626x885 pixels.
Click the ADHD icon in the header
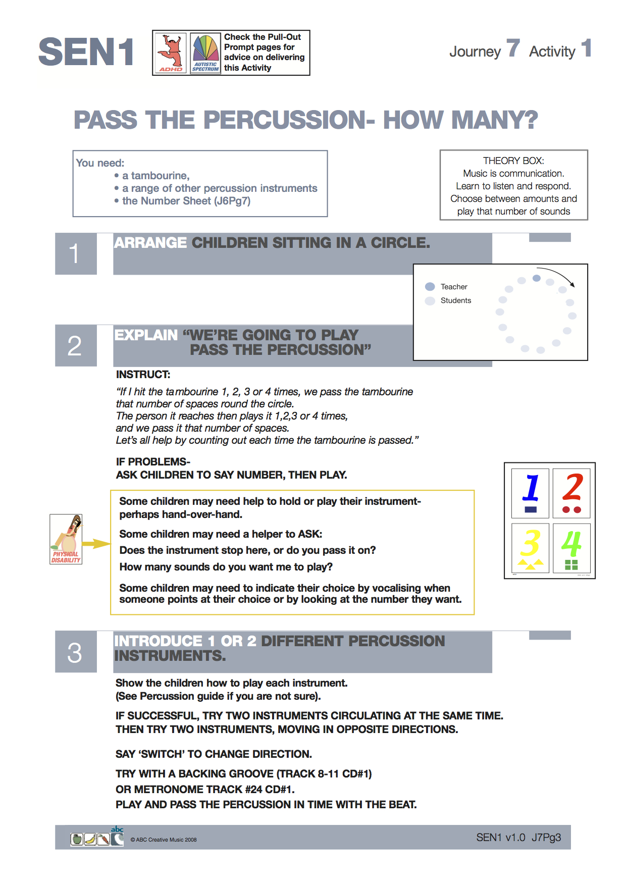tap(171, 53)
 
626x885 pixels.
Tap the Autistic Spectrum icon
tap(205, 53)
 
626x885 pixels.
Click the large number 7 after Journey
tap(513, 48)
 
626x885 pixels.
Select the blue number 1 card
tap(530, 493)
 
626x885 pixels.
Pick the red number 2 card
tap(572, 493)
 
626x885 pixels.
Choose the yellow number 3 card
tap(530, 547)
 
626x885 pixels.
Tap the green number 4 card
tap(571, 547)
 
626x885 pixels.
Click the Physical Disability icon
tap(66, 539)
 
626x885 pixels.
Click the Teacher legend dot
tap(430, 287)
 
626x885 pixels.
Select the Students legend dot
tap(430, 301)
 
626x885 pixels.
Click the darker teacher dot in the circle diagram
tap(537, 278)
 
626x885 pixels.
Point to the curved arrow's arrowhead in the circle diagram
tap(572, 285)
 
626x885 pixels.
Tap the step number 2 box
tap(75, 346)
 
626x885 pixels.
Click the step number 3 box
tap(75, 652)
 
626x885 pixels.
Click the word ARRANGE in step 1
tap(150, 243)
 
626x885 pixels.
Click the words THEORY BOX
tap(513, 161)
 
